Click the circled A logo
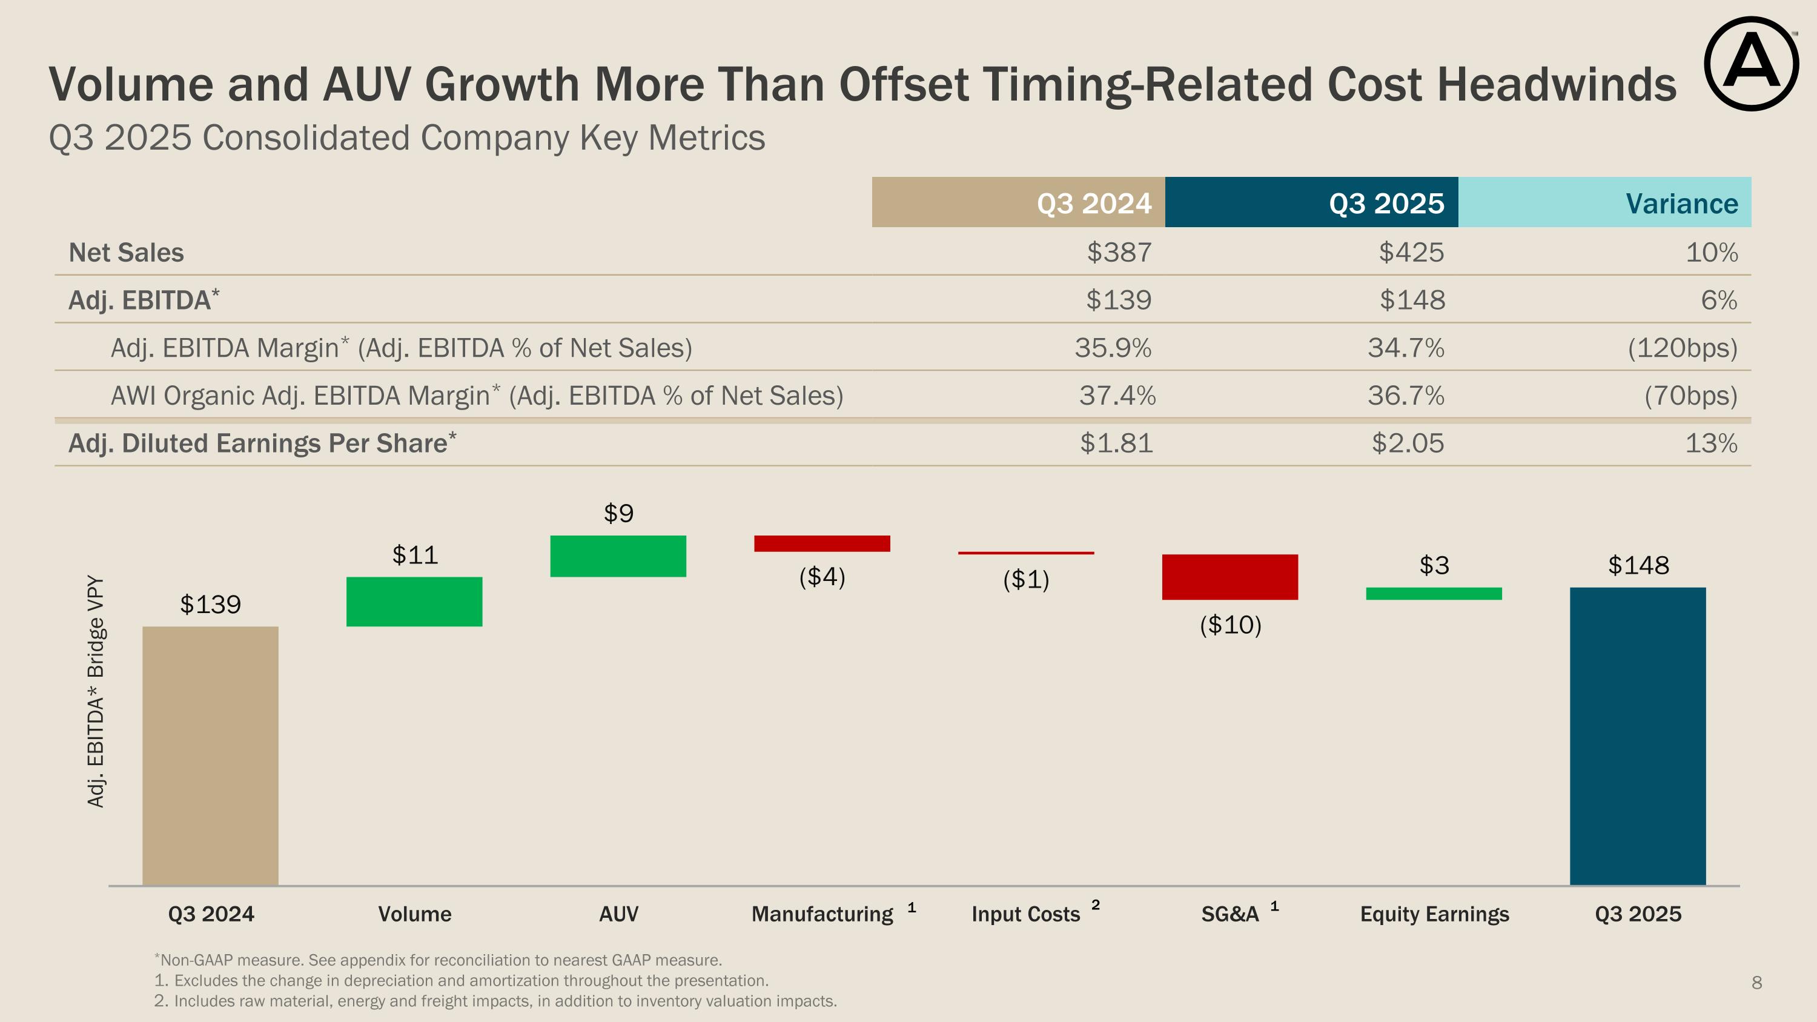pyautogui.click(x=1751, y=64)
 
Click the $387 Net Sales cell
pyautogui.click(x=1119, y=253)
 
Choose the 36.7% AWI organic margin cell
pyautogui.click(x=1406, y=396)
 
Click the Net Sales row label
pyautogui.click(x=126, y=253)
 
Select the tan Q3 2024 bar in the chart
pyautogui.click(x=210, y=755)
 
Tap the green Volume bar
pyautogui.click(x=414, y=602)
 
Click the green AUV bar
pyautogui.click(x=618, y=556)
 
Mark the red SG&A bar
pyautogui.click(x=1230, y=577)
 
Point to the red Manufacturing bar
pyautogui.click(x=822, y=543)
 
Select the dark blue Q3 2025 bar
pyautogui.click(x=1637, y=735)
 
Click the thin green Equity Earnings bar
pyautogui.click(x=1433, y=594)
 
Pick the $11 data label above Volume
pyautogui.click(x=415, y=555)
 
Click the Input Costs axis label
pyautogui.click(x=1025, y=914)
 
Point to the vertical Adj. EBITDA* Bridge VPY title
pyautogui.click(x=96, y=691)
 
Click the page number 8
pyautogui.click(x=1756, y=983)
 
